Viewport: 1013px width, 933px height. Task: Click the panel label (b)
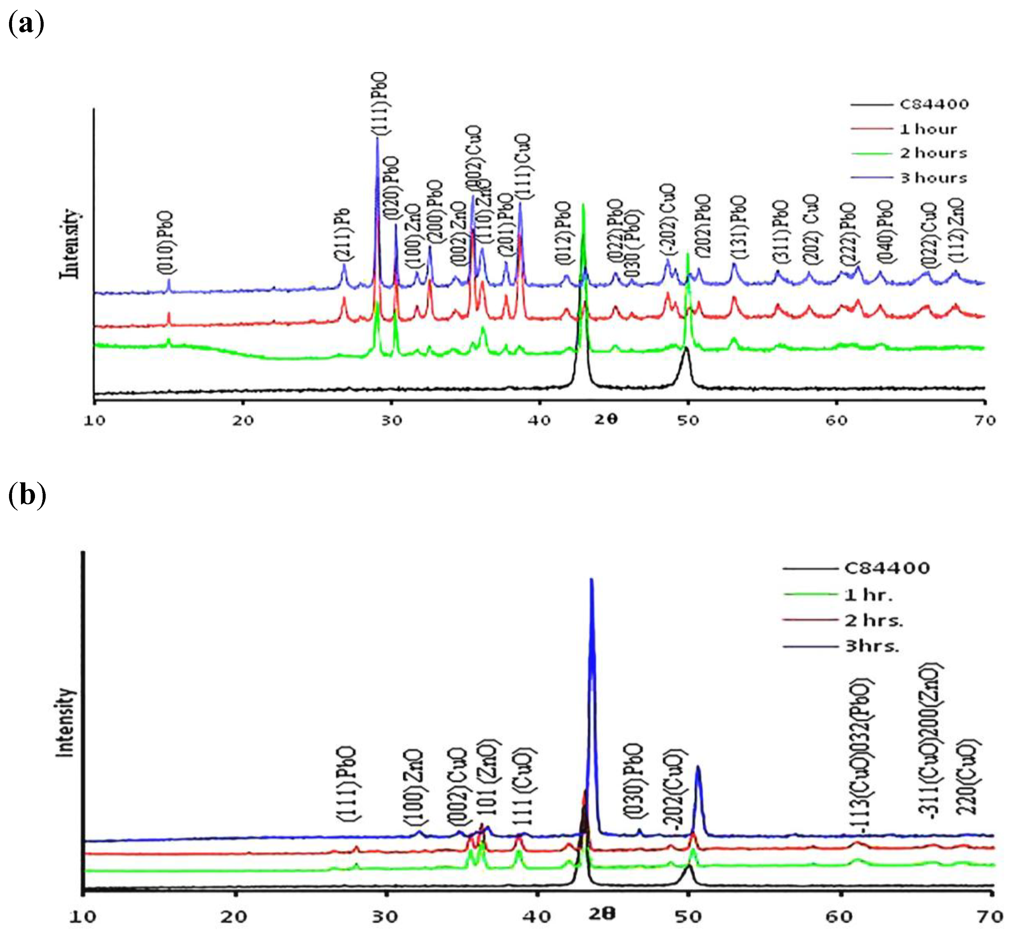(27, 495)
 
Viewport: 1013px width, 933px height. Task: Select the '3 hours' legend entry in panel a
(933, 178)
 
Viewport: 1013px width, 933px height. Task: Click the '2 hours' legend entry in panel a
(933, 153)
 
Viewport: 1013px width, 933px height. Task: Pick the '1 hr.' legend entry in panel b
(869, 595)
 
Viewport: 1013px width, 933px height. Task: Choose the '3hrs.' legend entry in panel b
(872, 646)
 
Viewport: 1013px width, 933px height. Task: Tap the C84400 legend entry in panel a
(934, 105)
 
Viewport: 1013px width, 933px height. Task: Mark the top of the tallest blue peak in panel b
(591, 580)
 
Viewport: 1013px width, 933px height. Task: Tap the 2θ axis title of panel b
(602, 913)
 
